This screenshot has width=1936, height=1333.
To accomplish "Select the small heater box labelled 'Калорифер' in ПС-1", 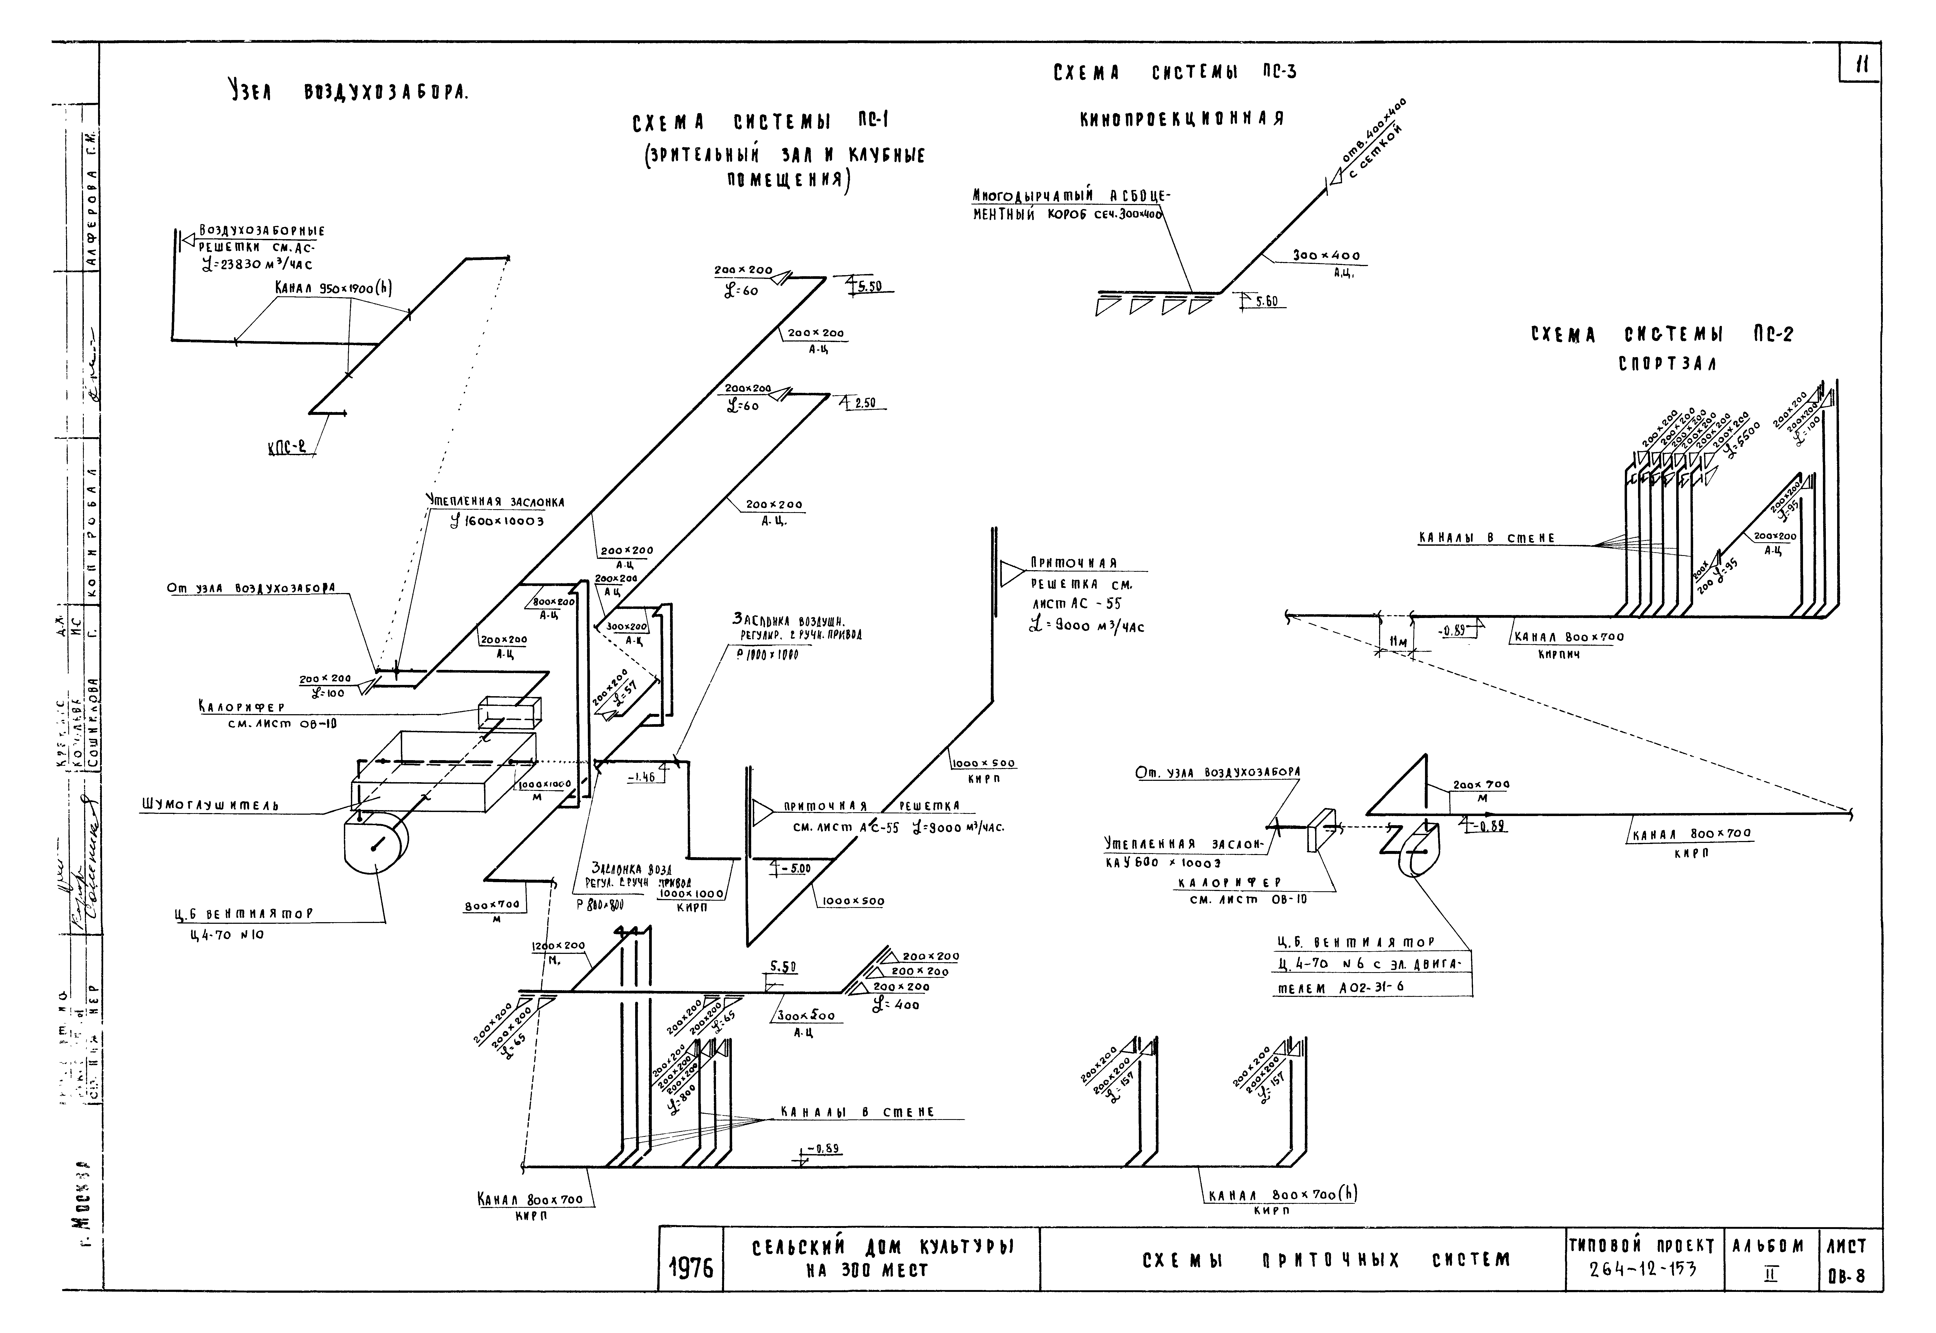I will tap(509, 712).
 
